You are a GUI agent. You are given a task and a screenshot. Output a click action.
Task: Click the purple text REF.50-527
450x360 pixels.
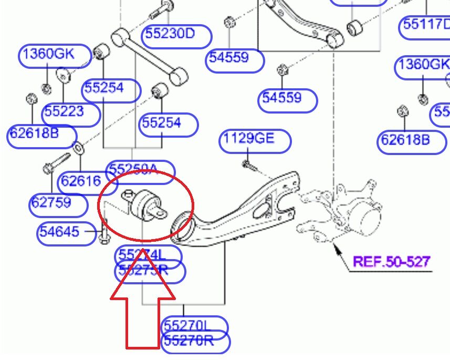[x=391, y=261]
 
